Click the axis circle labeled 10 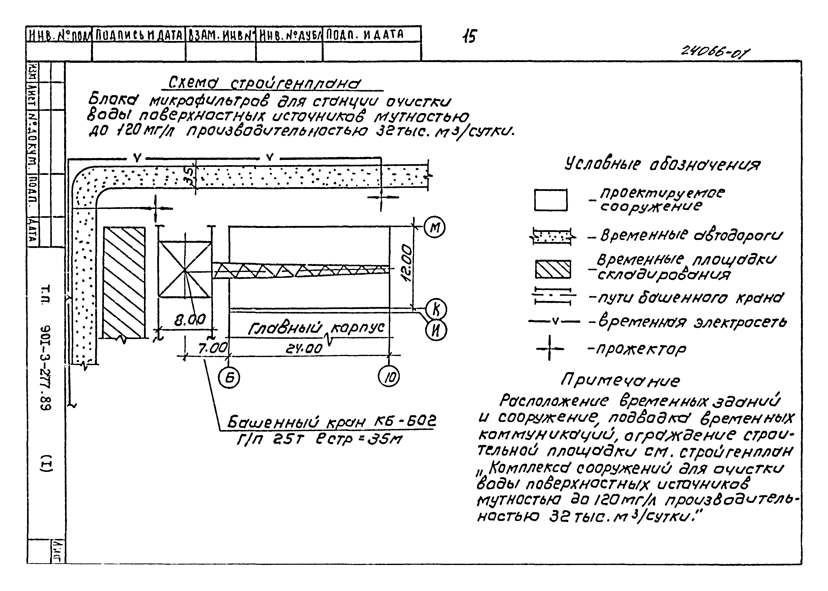389,376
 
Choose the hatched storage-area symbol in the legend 552,269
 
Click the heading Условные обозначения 662,165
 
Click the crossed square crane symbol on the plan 185,270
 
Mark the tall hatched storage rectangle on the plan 124,283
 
